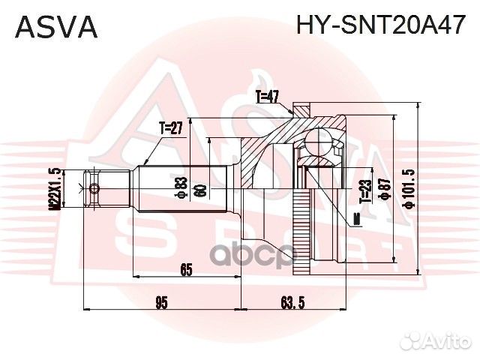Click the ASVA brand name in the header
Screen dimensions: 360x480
coord(57,26)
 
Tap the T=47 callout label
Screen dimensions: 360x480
coord(267,96)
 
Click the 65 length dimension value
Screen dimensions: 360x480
coord(187,269)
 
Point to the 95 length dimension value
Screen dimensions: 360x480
coord(161,303)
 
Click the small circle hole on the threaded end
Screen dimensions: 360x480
coord(92,187)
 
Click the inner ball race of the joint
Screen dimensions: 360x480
coord(321,154)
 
